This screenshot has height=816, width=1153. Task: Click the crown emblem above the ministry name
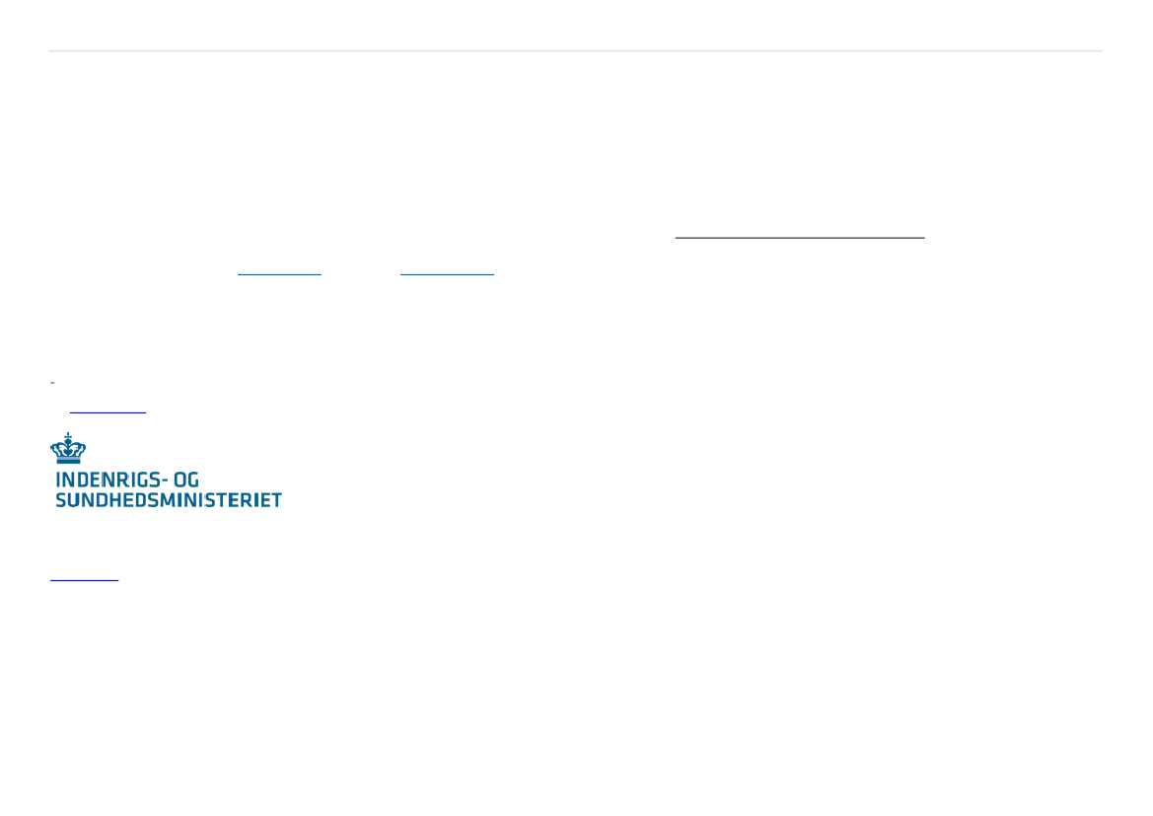click(68, 448)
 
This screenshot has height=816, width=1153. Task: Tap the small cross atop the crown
click(68, 435)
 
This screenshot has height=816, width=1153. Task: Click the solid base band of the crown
click(68, 460)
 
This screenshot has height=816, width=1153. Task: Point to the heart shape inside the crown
click(68, 449)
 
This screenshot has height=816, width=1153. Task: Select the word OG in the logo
click(186, 480)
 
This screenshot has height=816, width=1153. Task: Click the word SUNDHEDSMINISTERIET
click(169, 500)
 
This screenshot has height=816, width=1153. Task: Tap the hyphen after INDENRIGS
click(166, 482)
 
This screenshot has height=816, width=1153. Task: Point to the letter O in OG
click(180, 480)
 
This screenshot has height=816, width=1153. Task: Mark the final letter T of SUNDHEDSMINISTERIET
click(276, 500)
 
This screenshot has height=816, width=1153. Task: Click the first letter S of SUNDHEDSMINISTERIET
click(61, 500)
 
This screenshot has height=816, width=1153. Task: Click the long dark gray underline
click(800, 238)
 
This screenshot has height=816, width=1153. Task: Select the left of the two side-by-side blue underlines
click(279, 274)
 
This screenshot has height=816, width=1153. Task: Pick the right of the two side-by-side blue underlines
click(447, 274)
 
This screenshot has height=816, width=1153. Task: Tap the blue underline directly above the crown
click(108, 412)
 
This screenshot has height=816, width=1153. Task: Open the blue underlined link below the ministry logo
click(85, 580)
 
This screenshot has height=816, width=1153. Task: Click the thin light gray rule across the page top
click(576, 50)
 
